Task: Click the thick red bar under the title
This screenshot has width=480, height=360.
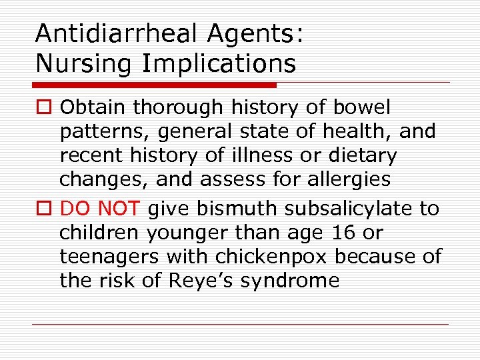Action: click(x=154, y=85)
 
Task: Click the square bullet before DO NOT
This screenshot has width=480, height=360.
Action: click(x=44, y=209)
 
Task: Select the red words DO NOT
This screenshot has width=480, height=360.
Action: click(x=100, y=209)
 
